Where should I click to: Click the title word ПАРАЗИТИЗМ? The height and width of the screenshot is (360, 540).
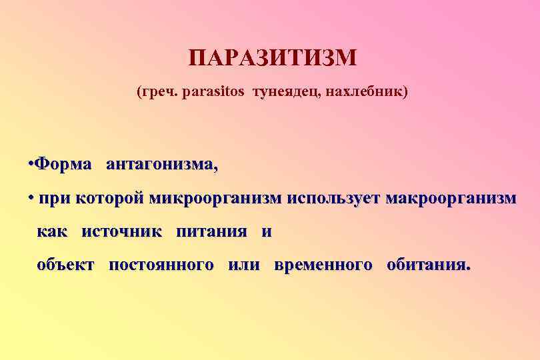coord(272,58)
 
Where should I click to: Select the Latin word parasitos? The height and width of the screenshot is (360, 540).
coord(212,91)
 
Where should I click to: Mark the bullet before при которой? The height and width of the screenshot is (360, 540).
coord(31,198)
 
